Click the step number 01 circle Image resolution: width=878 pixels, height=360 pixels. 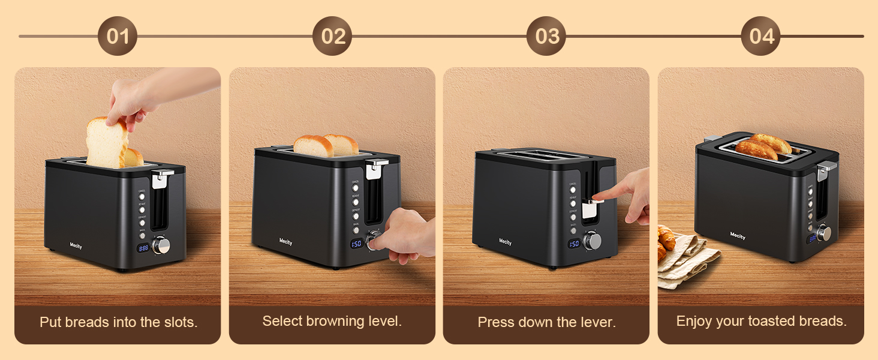coord(118,36)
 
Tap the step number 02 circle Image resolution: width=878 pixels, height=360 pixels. coord(332,36)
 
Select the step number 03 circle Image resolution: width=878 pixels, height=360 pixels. coord(546,36)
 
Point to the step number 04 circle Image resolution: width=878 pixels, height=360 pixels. coord(761,36)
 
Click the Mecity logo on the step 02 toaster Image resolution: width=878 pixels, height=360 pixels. coord(286,242)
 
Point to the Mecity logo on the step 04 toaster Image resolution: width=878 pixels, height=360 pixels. coord(738,236)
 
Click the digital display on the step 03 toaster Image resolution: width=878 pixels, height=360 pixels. coord(574,244)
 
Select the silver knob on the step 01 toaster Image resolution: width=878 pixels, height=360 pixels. coord(162,245)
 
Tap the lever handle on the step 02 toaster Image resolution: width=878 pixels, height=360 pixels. coord(376,166)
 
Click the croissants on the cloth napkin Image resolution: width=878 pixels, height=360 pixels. coord(666,242)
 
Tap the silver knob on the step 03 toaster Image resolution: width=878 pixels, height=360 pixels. coord(593,241)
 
